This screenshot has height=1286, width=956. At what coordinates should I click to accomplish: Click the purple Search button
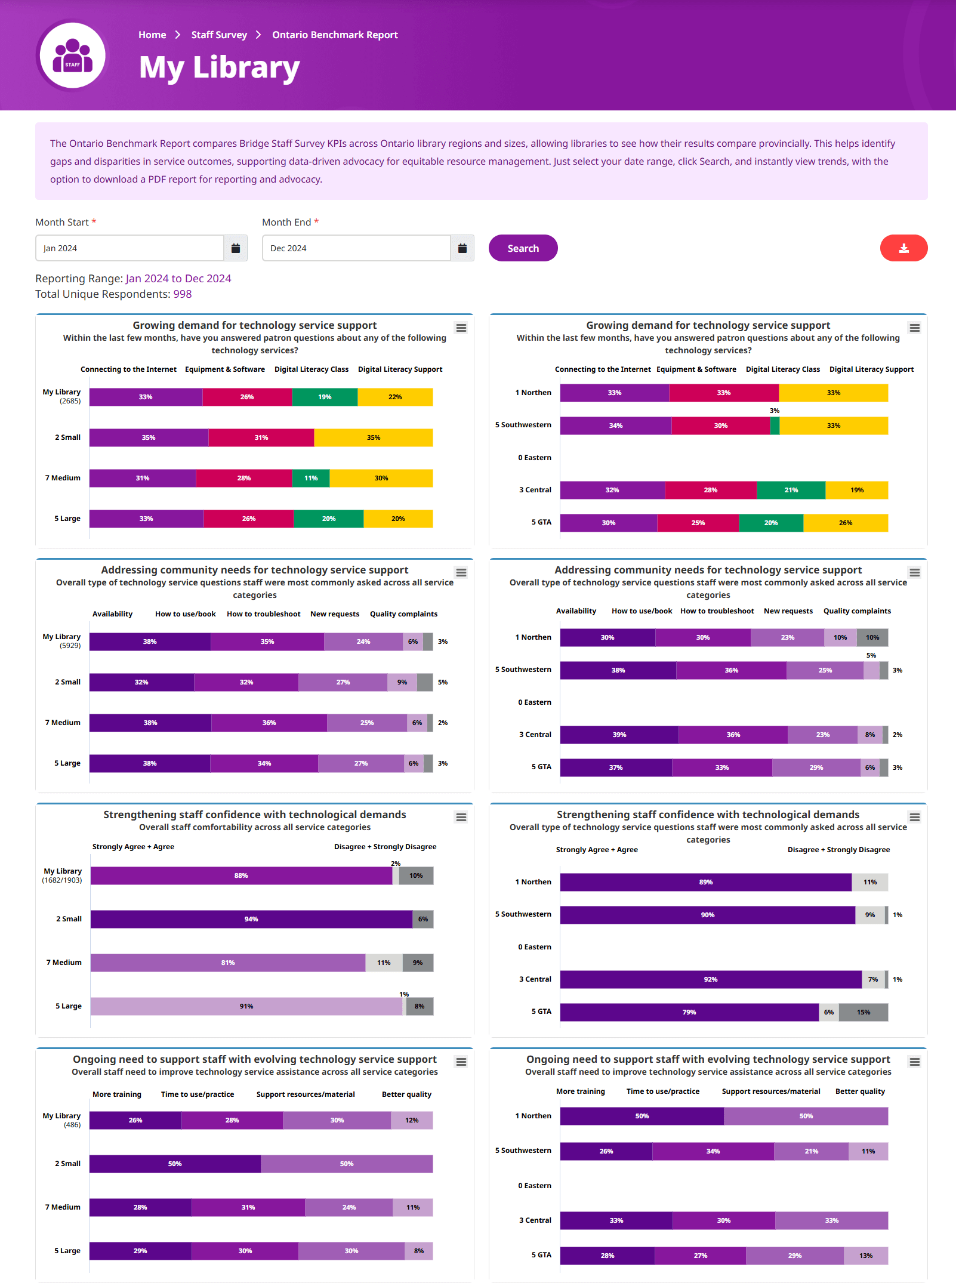(x=523, y=248)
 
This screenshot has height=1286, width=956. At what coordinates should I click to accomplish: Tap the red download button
(x=903, y=248)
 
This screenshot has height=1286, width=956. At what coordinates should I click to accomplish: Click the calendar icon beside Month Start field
(x=236, y=248)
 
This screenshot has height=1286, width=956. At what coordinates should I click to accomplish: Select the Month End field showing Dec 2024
(x=356, y=248)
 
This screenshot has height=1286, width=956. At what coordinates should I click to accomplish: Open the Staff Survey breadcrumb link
(x=219, y=35)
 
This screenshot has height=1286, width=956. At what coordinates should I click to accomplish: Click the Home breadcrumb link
(x=152, y=35)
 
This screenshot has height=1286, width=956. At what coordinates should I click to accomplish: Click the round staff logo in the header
(x=72, y=55)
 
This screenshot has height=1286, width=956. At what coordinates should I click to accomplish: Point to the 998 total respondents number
(x=183, y=294)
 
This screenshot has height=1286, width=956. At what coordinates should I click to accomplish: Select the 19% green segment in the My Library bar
(x=325, y=397)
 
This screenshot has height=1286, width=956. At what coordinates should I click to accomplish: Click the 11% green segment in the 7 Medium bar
(x=311, y=478)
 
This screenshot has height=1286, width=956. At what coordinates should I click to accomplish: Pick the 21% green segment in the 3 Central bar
(x=791, y=490)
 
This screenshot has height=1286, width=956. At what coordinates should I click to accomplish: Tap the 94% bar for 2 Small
(x=251, y=919)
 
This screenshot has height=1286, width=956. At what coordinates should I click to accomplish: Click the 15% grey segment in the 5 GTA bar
(x=863, y=1012)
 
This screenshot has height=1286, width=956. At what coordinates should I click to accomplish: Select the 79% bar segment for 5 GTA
(x=689, y=1012)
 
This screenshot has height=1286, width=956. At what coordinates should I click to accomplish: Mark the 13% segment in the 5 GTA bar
(x=866, y=1256)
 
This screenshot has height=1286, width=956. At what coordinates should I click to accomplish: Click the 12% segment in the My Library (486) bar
(x=412, y=1120)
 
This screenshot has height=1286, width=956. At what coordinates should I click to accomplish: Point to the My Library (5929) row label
(x=62, y=641)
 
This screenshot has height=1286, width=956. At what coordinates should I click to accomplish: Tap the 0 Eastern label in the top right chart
(x=535, y=458)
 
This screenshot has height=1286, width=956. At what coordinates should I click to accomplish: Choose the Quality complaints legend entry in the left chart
(x=403, y=614)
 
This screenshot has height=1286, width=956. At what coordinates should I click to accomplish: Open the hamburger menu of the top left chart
(x=461, y=328)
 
